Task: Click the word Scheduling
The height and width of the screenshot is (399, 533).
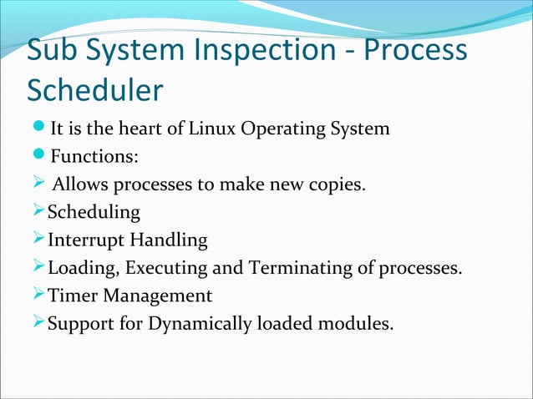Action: point(94,212)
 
